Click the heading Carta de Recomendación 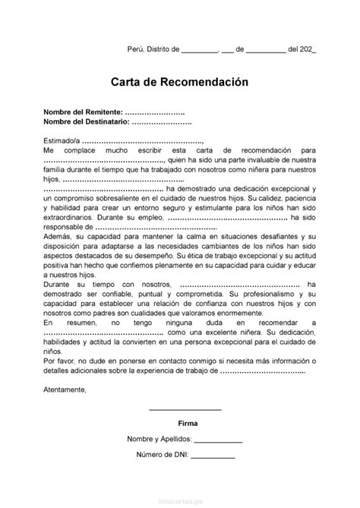[x=179, y=80]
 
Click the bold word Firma [x=186, y=421]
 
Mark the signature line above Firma [x=185, y=409]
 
